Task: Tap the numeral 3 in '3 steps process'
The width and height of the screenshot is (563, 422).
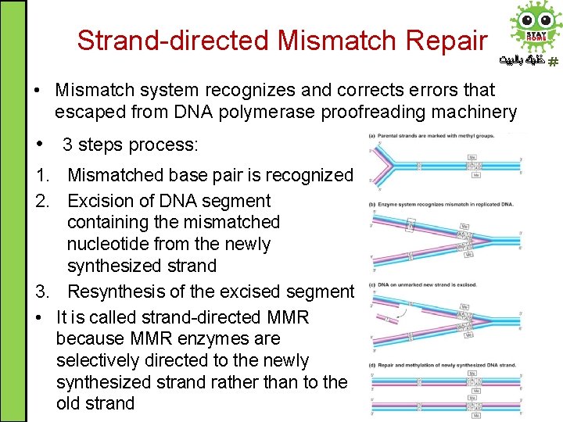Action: pyautogui.click(x=68, y=145)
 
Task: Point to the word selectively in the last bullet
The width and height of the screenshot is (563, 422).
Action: pyautogui.click(x=99, y=360)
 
